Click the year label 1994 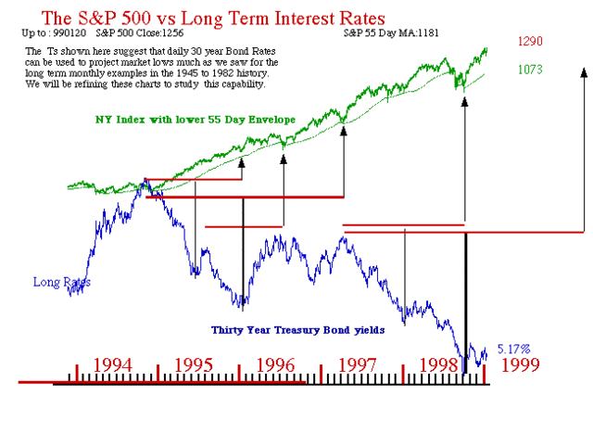coord(118,363)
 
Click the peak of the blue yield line coord(145,181)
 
